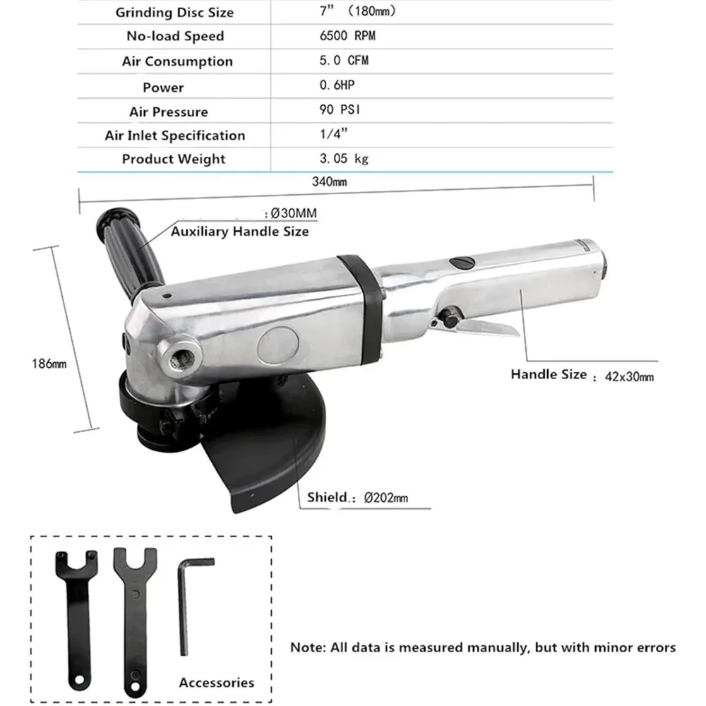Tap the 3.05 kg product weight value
(x=343, y=159)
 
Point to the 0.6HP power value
(x=335, y=86)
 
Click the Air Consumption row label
(x=176, y=61)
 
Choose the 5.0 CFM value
(x=343, y=61)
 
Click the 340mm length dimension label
(x=329, y=181)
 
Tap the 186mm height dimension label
(x=49, y=364)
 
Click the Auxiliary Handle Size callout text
(x=239, y=231)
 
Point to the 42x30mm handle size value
(x=629, y=376)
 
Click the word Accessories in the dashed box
(x=216, y=682)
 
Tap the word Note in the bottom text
(x=307, y=647)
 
